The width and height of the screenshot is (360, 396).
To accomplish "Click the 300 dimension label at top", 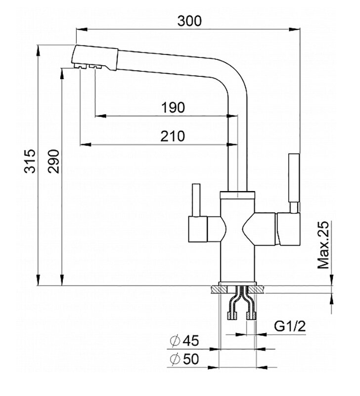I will click(x=190, y=21).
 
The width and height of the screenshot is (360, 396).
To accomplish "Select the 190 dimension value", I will click(x=173, y=107).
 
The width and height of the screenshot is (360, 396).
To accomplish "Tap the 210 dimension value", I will click(x=172, y=136).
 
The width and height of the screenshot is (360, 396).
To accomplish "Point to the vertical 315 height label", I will click(x=31, y=161).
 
